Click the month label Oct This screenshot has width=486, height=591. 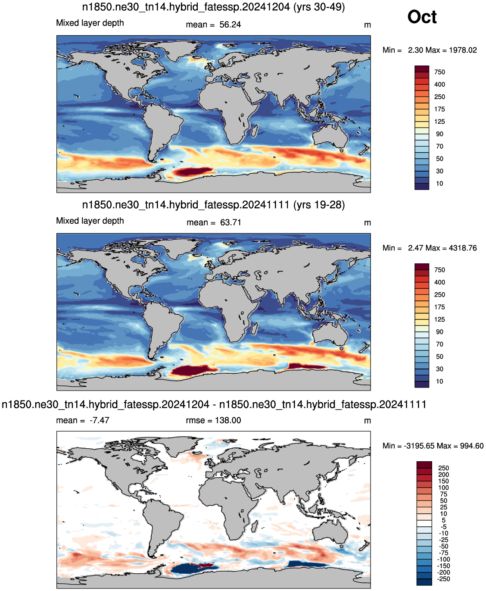tap(421, 17)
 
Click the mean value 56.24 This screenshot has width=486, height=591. tap(230, 25)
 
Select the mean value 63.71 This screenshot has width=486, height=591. tap(231, 222)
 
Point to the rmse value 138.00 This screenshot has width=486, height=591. tap(228, 420)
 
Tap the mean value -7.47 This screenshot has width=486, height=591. tap(100, 420)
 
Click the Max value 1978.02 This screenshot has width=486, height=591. tap(463, 50)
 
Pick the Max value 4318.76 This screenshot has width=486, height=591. tap(463, 248)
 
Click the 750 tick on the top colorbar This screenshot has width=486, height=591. tap(439, 72)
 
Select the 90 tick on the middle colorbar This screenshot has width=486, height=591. tap(439, 332)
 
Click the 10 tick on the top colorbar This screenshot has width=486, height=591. tap(439, 184)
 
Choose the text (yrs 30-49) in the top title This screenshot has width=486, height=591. tap(319, 7)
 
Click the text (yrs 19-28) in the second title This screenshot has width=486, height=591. tap(319, 205)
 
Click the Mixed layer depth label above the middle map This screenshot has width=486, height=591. tap(90, 221)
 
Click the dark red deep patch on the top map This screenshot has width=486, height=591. tap(192, 171)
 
